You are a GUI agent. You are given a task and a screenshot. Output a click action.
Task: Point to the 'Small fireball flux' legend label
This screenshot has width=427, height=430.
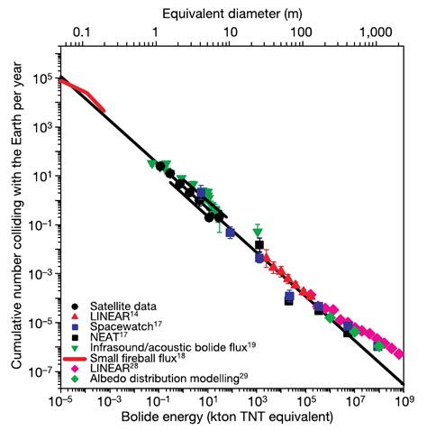coord(135,356)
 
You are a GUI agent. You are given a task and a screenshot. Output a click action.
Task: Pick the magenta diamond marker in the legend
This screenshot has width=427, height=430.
coord(72,367)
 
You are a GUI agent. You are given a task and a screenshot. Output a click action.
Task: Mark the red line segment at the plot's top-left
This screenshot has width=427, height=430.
coord(83,94)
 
